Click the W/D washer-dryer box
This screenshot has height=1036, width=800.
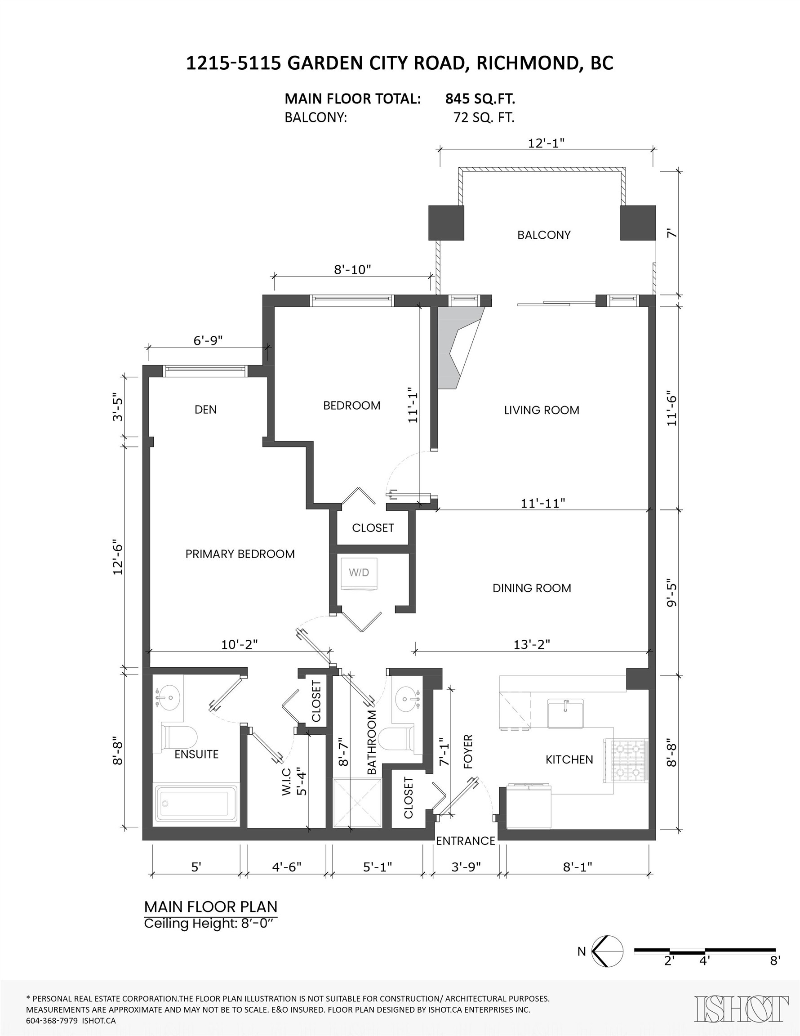coord(359,573)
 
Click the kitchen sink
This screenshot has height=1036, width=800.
coord(565,713)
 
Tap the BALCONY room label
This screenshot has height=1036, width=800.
coord(543,235)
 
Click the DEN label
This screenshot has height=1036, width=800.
coord(205,409)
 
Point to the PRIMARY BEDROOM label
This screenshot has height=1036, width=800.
coord(240,554)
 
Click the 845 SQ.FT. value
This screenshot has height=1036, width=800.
coord(480,98)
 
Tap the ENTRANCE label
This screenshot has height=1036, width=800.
coord(465,840)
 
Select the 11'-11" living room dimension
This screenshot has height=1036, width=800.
coord(542,503)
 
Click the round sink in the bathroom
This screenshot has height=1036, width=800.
coord(406,698)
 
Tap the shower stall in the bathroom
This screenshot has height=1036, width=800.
coord(357,803)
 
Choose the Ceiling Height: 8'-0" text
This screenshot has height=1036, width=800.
coord(210,924)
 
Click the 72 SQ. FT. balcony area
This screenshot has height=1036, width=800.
coord(483,117)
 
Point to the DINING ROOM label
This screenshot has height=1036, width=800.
coord(532,588)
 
